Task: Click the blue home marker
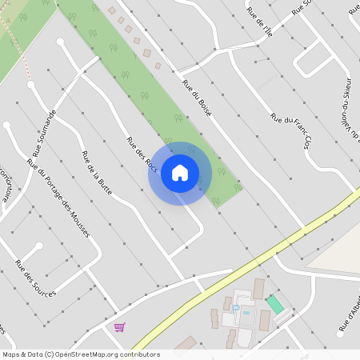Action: (180, 173)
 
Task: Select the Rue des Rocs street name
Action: (141, 152)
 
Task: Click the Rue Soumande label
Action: (44, 133)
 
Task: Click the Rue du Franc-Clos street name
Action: (290, 128)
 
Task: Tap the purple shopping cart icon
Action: (119, 327)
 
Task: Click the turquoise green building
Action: (274, 304)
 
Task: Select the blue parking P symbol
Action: (236, 306)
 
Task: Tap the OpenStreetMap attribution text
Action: (80, 354)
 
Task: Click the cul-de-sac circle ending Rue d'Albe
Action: (340, 334)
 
